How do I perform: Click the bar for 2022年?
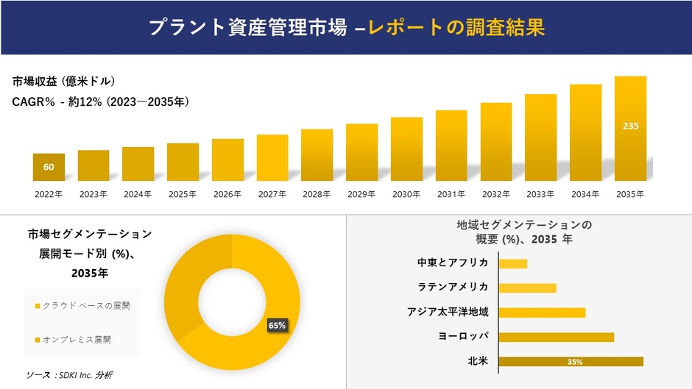[x=49, y=167]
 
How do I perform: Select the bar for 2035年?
[x=630, y=129]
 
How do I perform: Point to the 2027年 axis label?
[x=272, y=194]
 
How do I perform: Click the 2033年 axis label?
[x=540, y=194]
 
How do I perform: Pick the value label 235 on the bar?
[x=630, y=126]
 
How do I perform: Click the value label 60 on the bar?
[x=49, y=168]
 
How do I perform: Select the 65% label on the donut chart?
[x=277, y=325]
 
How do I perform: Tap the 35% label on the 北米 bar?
[x=575, y=362]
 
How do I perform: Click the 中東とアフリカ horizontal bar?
[x=513, y=263]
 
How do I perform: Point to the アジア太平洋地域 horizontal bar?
[x=542, y=313]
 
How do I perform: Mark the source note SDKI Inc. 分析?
[x=69, y=375]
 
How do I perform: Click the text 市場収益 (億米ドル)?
[x=64, y=81]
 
